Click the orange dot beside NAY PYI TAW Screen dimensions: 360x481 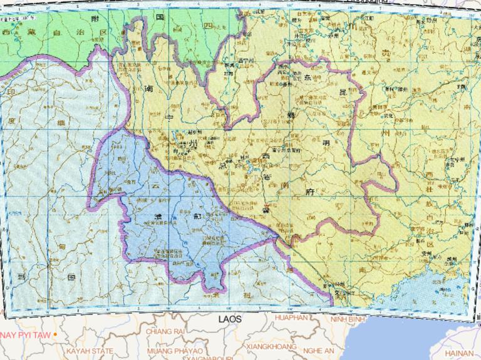[x=56, y=334]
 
